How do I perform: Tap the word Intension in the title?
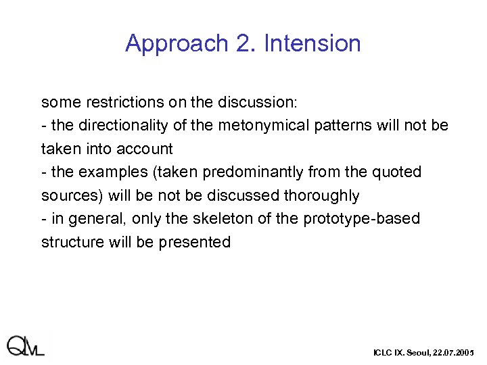click(x=312, y=43)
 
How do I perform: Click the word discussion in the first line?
click(x=257, y=103)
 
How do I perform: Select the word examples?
click(x=108, y=172)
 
